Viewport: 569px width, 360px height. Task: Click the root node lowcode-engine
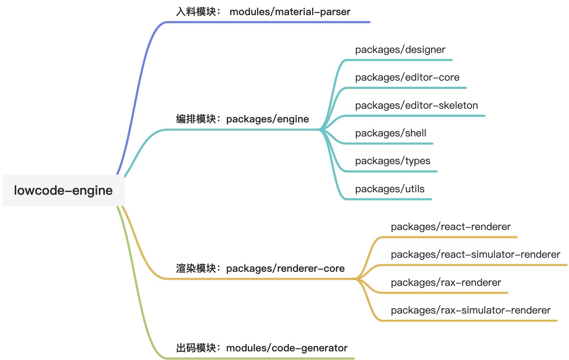pos(63,190)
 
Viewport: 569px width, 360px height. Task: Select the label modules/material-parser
pos(290,12)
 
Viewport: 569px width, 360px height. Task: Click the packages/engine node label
pos(267,119)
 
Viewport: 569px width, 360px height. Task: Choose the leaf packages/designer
pos(400,50)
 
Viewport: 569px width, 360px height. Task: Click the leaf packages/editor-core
pos(407,77)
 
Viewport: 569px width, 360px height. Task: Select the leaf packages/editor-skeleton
pos(416,105)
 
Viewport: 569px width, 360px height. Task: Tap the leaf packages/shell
pos(390,133)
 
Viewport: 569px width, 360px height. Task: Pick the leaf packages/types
pos(393,161)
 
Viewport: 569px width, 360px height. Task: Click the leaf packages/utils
pos(390,189)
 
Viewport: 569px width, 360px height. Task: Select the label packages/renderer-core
pos(285,269)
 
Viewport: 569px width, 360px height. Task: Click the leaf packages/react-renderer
pos(451,227)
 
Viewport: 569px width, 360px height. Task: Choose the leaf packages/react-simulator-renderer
pos(475,255)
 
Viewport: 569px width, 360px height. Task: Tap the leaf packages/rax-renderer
pos(446,283)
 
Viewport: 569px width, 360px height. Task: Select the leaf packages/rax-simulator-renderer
pos(470,310)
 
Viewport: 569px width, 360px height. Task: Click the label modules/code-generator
pos(287,348)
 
